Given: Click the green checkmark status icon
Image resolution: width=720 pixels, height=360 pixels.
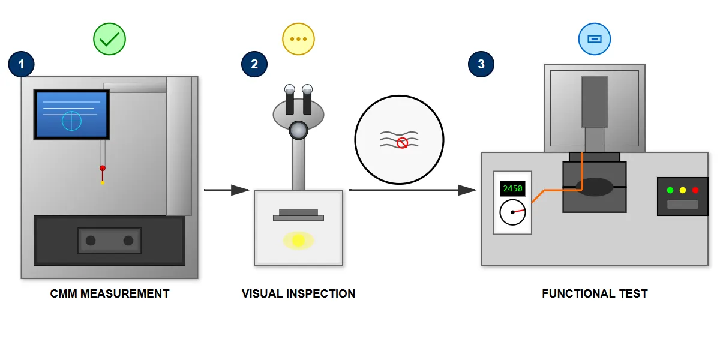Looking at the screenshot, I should point(110,40).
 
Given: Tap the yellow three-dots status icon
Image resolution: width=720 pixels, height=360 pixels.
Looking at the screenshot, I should point(298,40).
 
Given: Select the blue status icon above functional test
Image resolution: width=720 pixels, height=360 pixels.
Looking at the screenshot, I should point(594,40).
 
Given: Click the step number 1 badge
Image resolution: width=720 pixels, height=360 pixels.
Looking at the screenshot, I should point(22,64).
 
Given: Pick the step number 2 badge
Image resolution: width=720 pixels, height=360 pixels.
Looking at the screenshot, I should point(254,64).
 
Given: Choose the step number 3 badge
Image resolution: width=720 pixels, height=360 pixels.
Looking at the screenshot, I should point(481,64).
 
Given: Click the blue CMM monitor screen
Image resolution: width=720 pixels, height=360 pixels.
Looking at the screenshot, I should point(71,115).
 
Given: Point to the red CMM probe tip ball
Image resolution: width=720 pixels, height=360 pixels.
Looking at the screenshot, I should point(103,168).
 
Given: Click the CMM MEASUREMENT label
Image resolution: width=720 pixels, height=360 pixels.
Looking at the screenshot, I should point(110,293).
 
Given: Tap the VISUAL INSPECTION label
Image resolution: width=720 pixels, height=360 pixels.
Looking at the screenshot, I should point(298,293).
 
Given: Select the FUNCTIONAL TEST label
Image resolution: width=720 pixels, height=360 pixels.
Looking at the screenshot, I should point(595,293).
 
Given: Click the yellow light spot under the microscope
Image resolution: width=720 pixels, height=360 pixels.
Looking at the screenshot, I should point(298,241).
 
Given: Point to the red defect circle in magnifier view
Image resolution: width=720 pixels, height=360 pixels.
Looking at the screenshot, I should point(403,143).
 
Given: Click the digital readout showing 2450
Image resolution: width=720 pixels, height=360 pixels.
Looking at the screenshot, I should point(512,188).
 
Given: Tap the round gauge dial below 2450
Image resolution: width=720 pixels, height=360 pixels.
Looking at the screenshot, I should point(512,212).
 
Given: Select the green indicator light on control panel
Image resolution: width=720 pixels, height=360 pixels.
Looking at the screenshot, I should point(670,190).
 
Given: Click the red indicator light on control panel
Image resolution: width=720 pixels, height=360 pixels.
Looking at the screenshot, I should point(695,190).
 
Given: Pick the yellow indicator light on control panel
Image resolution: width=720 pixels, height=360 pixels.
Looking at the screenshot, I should point(683,190).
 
